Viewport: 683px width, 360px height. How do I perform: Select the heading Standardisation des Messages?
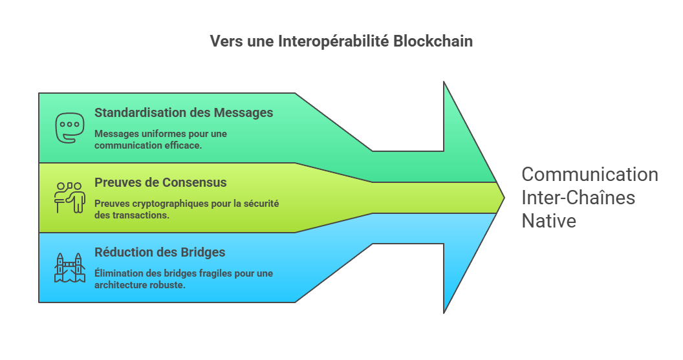click(x=184, y=112)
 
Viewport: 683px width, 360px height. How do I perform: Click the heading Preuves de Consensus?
click(x=160, y=182)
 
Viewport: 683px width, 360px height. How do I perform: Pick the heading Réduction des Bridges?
click(x=160, y=252)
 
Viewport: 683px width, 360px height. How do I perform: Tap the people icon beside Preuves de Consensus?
click(x=69, y=197)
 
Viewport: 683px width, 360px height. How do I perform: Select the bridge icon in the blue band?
click(x=69, y=267)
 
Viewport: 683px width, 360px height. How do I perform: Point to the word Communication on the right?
click(x=589, y=175)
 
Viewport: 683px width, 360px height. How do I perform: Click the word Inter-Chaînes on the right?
click(x=578, y=197)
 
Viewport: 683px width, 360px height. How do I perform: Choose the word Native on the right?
click(x=548, y=220)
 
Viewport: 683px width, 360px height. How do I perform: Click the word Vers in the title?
click(x=223, y=41)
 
